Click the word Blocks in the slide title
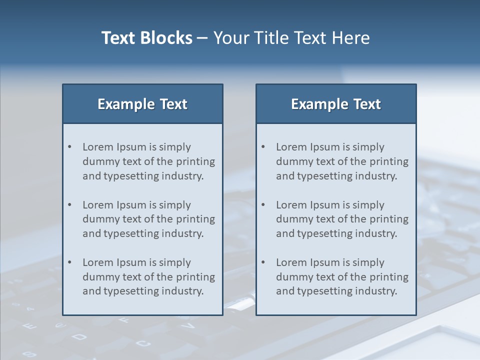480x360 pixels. point(167,38)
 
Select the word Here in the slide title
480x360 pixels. point(350,38)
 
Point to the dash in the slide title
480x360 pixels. point(202,38)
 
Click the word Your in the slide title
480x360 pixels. point(231,38)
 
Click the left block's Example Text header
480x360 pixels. point(142,104)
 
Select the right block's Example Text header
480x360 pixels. point(336,104)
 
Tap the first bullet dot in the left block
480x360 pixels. point(70,147)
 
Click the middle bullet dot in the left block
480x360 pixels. point(70,205)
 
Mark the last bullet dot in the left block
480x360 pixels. point(70,262)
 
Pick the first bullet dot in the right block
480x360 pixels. point(263,147)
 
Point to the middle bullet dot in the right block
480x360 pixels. point(263,205)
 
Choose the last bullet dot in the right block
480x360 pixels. point(263,262)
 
